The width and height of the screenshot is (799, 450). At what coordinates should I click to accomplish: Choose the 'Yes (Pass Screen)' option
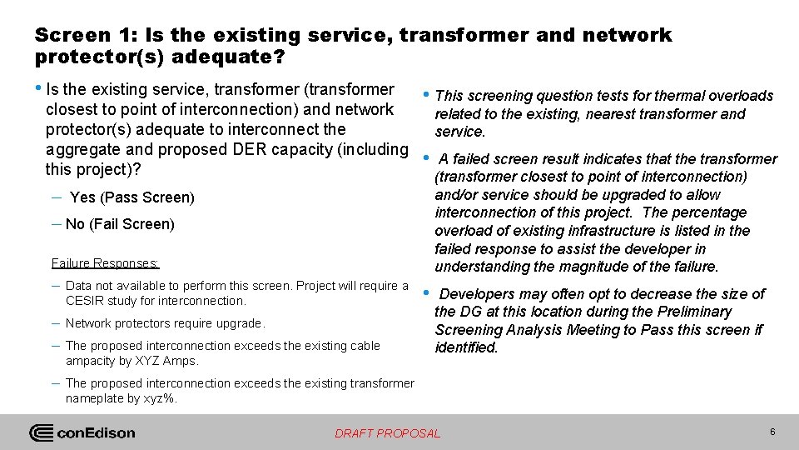[132, 197]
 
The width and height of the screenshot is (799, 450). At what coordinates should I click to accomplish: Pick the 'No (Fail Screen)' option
[120, 224]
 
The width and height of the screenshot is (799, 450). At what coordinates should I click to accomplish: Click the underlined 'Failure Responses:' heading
[105, 263]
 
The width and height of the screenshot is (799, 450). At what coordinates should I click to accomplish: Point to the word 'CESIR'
[85, 301]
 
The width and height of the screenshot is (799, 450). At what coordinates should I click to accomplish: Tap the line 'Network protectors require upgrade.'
[165, 323]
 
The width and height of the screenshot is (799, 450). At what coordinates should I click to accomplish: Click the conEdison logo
[82, 432]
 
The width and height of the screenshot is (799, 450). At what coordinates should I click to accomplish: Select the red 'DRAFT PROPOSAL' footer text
[387, 433]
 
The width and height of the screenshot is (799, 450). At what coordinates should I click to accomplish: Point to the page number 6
[772, 432]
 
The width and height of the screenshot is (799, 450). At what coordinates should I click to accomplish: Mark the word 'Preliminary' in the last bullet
[692, 312]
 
